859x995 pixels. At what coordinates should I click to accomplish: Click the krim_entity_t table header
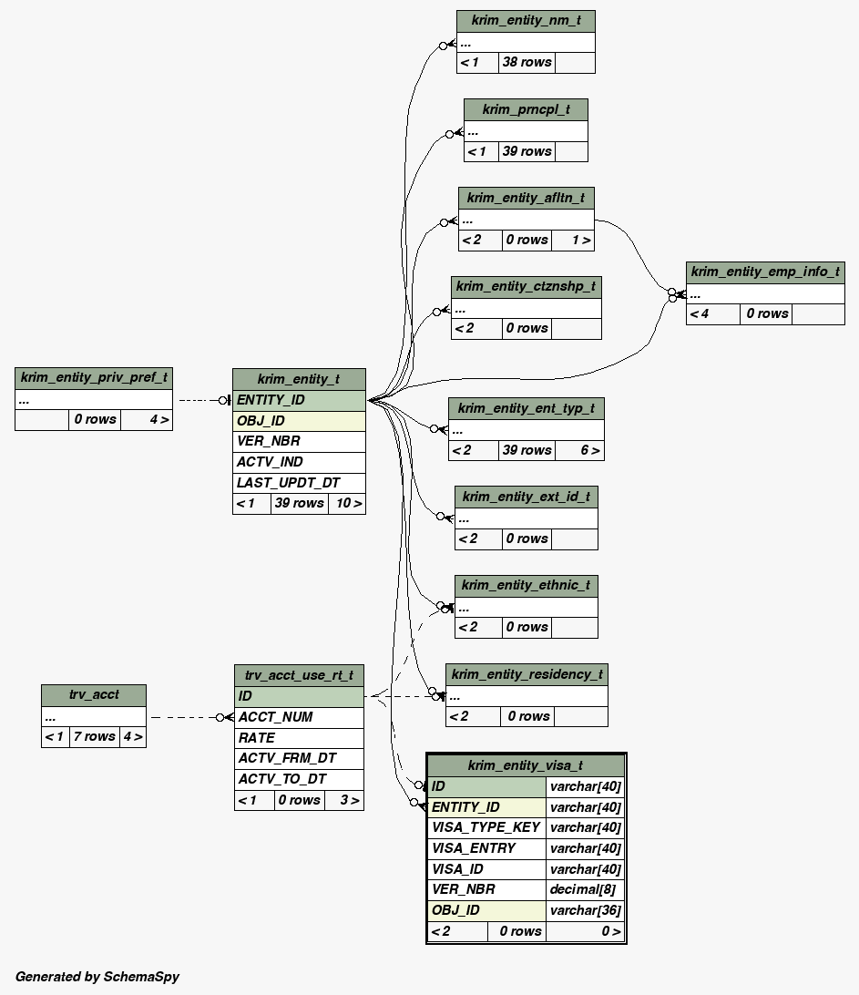tap(299, 379)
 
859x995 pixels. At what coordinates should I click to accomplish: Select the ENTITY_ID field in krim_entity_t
tap(299, 400)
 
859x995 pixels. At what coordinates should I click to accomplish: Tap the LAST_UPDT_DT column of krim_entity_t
tap(299, 483)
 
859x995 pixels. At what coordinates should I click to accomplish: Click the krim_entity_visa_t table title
tap(526, 765)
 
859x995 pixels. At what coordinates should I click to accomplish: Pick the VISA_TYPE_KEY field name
tap(486, 827)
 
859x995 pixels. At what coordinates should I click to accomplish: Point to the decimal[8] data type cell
tap(585, 889)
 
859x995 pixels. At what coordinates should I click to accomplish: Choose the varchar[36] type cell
tap(585, 910)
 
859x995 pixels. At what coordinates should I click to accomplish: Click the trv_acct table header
tap(94, 694)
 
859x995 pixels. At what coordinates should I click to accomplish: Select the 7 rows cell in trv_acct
tap(94, 736)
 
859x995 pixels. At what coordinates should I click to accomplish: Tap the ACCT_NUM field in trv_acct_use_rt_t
tap(299, 717)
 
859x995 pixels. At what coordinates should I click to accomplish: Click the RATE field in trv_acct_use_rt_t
tap(299, 738)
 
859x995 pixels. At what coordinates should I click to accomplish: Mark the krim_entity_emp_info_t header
tap(765, 272)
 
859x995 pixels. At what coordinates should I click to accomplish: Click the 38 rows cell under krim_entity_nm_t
tap(527, 62)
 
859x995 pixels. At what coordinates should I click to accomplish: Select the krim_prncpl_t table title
tap(526, 109)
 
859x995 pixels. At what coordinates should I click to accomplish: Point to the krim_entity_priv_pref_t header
tap(94, 377)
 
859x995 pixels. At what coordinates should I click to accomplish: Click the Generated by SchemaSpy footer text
tap(97, 977)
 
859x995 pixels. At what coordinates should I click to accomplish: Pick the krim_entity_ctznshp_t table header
tap(526, 286)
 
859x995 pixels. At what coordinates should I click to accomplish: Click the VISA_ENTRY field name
tap(486, 848)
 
